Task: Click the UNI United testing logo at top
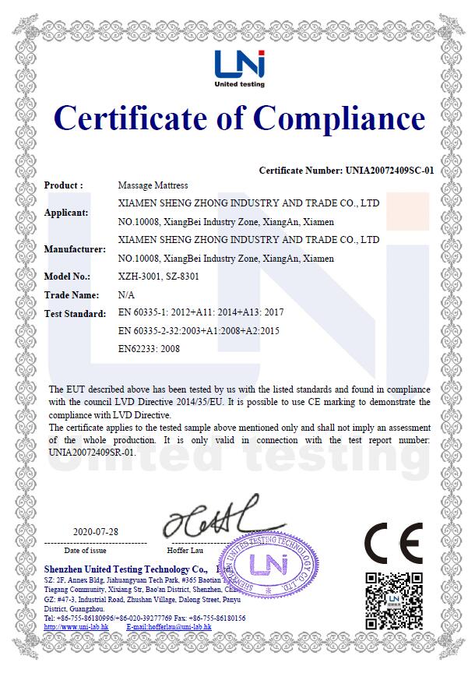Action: tap(241, 68)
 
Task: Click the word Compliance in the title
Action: tap(340, 118)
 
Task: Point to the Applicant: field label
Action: tap(66, 212)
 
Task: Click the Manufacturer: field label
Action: tap(75, 249)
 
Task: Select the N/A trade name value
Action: tap(125, 295)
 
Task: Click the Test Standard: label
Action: tap(75, 314)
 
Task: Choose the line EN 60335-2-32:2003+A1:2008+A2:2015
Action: tap(198, 331)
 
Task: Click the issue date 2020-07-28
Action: tap(96, 531)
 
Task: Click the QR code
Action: tap(394, 601)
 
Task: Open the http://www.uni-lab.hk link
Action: tap(76, 627)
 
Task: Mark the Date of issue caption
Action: tap(95, 550)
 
